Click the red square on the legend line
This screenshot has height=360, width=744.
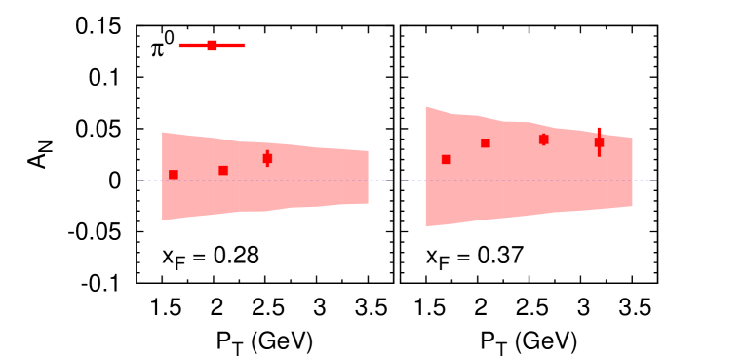pyautogui.click(x=212, y=45)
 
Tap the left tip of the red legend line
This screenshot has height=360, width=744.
pyautogui.click(x=180, y=45)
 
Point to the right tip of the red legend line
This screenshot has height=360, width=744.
pyautogui.click(x=244, y=45)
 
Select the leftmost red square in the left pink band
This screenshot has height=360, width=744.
pyautogui.click(x=174, y=175)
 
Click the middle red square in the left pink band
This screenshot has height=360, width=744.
pyautogui.click(x=223, y=170)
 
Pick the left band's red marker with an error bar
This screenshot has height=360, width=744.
pyautogui.click(x=267, y=158)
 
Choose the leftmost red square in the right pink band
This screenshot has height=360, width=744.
pyautogui.click(x=446, y=159)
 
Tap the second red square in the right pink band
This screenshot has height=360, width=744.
pyautogui.click(x=486, y=143)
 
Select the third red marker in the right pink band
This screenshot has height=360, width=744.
pyautogui.click(x=543, y=140)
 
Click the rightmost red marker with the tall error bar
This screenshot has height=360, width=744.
pyautogui.click(x=599, y=142)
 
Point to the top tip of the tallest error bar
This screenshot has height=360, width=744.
pyautogui.click(x=599, y=128)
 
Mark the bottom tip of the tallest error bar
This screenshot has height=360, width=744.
pyautogui.click(x=599, y=156)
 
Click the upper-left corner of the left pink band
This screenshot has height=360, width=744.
pyautogui.click(x=163, y=133)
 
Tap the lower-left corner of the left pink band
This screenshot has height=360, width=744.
pyautogui.click(x=163, y=220)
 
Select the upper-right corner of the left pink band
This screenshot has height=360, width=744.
pyautogui.click(x=368, y=151)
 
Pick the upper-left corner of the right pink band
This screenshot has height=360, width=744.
pyautogui.click(x=426, y=107)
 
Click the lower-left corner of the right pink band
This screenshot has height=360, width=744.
pyautogui.click(x=426, y=226)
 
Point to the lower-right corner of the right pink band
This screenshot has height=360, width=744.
pyautogui.click(x=632, y=206)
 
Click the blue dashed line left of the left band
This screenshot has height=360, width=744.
pyautogui.click(x=149, y=180)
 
